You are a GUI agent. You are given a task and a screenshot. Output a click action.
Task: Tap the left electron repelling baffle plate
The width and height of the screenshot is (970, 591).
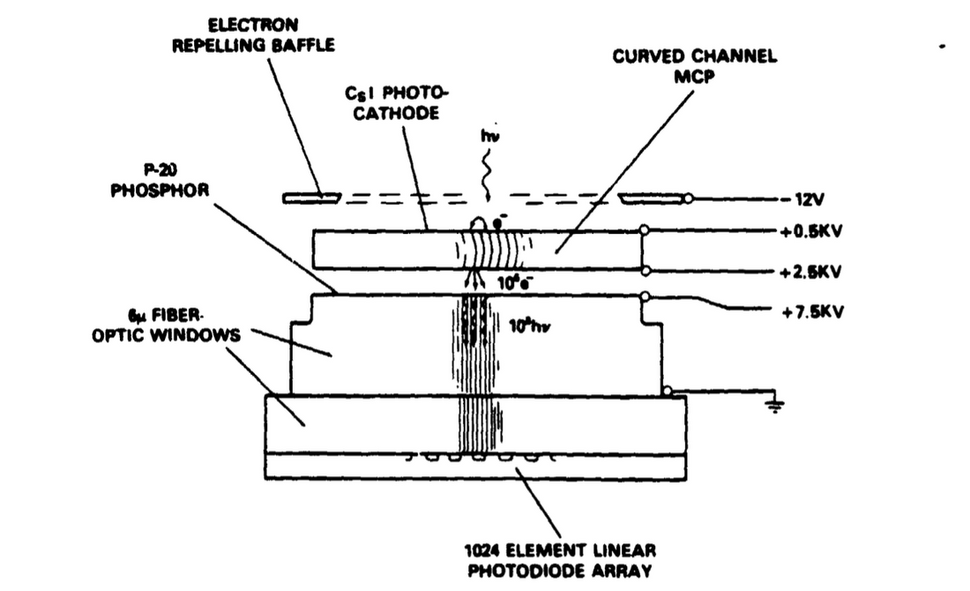coord(312,198)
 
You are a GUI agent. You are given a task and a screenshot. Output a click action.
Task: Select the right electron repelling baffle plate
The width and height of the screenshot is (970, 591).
coord(653,198)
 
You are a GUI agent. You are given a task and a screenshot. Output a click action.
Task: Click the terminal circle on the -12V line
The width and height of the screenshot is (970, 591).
coord(690,198)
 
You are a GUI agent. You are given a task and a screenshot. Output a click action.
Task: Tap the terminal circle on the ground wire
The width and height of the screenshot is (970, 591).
coord(668,390)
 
